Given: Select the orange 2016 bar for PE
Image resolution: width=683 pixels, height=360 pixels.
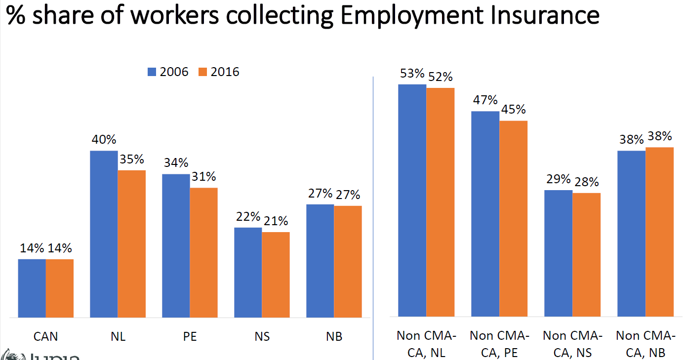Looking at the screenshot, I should (203, 252).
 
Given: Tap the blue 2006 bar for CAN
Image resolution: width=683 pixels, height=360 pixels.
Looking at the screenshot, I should (32, 288).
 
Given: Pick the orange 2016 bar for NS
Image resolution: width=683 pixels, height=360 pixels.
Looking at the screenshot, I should (276, 275).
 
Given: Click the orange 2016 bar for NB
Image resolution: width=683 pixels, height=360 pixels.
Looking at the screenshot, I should (348, 261).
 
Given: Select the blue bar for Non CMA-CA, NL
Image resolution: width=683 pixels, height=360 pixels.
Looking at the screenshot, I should (412, 200).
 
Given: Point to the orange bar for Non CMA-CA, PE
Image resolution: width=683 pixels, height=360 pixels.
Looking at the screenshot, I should (513, 218).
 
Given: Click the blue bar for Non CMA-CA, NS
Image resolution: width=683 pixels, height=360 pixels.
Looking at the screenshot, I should (558, 253).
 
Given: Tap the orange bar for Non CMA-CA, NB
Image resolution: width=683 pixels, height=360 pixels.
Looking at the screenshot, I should (659, 232).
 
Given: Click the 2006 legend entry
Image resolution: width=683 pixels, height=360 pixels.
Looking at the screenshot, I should (168, 72).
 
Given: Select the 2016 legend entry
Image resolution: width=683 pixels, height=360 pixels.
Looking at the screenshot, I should (219, 72).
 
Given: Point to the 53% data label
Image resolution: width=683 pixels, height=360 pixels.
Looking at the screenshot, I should (412, 74).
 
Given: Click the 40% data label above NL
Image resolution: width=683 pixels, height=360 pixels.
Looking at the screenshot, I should (103, 140).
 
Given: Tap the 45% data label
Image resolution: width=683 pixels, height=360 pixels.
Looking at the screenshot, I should (513, 110).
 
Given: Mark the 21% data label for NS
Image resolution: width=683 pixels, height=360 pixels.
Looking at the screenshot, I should (276, 221).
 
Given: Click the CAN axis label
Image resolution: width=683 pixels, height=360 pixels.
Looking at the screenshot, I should (45, 337).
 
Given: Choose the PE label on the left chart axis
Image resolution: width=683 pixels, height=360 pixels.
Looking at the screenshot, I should (190, 337).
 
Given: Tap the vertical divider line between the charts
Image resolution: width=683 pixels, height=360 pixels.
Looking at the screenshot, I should (373, 217).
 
